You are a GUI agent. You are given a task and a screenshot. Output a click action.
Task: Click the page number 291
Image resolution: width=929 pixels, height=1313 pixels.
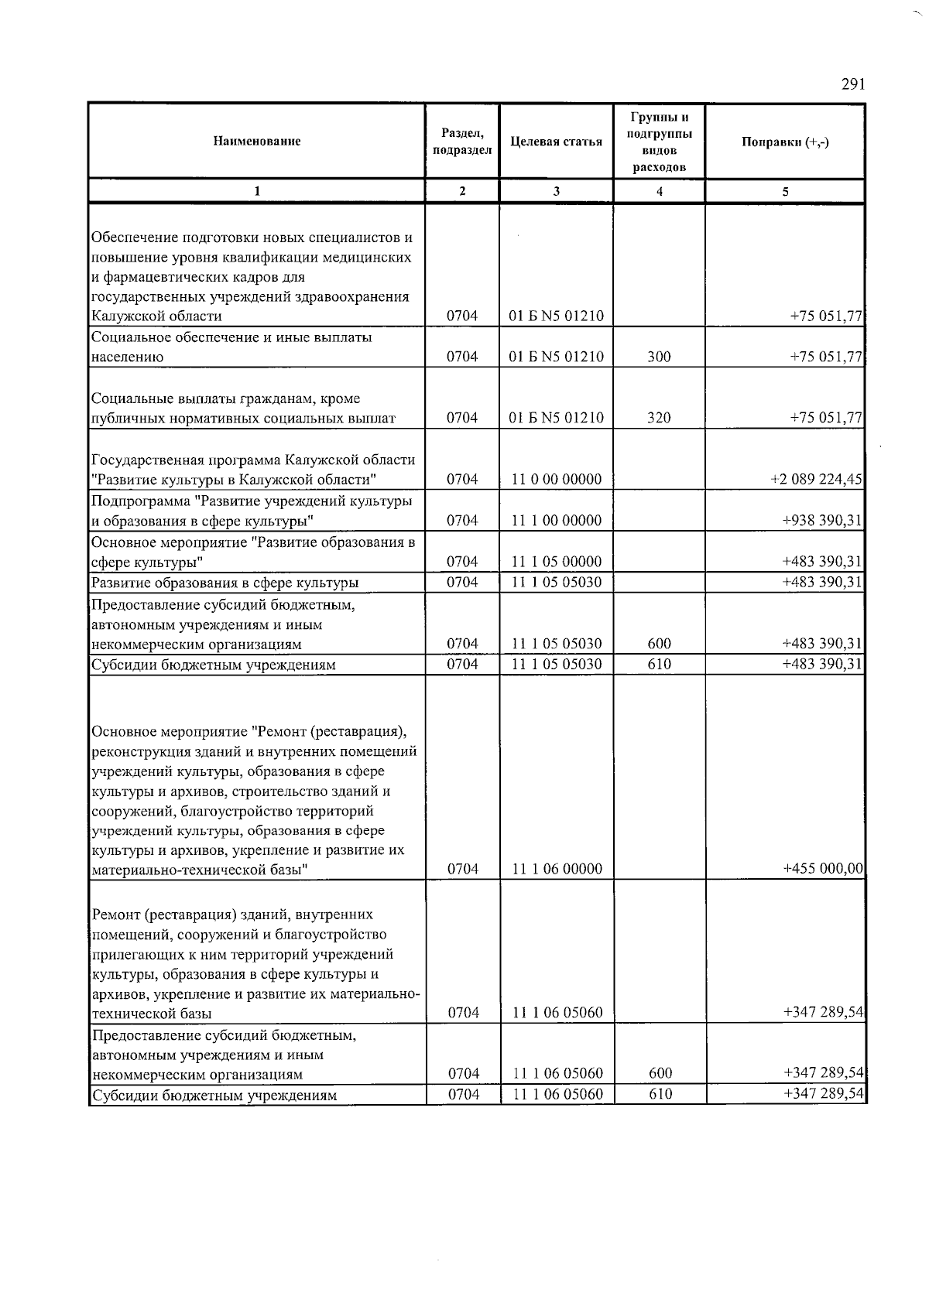(x=852, y=84)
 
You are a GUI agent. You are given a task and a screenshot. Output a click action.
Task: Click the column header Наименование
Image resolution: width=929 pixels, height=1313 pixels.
(x=257, y=142)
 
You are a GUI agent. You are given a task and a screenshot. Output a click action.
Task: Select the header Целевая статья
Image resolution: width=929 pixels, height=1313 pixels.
(x=557, y=142)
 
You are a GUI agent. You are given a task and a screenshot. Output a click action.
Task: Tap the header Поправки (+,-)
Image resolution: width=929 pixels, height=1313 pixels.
(x=785, y=142)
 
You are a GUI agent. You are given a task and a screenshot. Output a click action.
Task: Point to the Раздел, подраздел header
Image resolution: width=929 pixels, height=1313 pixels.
(x=463, y=142)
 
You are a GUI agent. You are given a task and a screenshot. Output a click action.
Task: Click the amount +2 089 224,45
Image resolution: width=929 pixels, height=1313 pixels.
(x=816, y=480)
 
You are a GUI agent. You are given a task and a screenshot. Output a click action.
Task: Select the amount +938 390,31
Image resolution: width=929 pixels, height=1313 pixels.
(x=822, y=521)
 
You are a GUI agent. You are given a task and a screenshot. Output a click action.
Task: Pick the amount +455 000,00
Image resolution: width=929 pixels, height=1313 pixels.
(x=822, y=869)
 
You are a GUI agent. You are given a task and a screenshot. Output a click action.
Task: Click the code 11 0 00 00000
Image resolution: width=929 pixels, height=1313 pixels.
(x=557, y=480)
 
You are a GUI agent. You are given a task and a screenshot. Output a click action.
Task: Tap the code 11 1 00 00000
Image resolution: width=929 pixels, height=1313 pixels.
(x=557, y=521)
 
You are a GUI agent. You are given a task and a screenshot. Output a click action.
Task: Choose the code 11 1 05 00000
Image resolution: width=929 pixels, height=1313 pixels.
(x=557, y=562)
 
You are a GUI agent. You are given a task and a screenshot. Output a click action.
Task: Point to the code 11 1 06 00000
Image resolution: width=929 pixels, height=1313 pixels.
(x=557, y=869)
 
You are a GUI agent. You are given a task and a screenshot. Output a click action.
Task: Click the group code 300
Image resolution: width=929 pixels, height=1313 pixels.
(x=660, y=357)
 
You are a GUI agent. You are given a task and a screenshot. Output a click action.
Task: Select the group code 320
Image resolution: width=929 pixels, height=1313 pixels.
(x=660, y=418)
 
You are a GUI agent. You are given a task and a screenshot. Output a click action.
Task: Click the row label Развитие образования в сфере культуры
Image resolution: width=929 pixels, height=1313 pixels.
(x=225, y=583)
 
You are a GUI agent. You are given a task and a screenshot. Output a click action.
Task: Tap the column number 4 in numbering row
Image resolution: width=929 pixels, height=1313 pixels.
(x=660, y=192)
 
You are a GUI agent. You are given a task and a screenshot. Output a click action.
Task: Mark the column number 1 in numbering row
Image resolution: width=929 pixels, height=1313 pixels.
(x=257, y=192)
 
